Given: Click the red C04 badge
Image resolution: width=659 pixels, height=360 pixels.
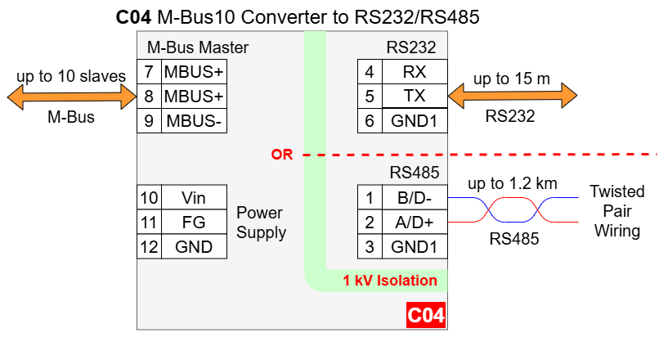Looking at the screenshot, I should click(425, 315).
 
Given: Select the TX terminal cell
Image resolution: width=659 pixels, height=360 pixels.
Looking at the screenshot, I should click(415, 96).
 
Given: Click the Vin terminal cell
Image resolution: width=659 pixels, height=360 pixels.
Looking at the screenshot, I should click(194, 198).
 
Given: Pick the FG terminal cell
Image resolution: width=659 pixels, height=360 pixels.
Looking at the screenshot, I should click(194, 223).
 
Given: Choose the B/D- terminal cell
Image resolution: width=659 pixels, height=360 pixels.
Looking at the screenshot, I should click(415, 198).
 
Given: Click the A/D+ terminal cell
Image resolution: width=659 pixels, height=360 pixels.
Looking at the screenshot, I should click(415, 223).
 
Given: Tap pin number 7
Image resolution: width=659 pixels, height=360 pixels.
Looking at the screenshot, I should click(149, 71).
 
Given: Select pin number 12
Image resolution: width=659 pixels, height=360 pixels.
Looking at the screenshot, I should click(149, 247).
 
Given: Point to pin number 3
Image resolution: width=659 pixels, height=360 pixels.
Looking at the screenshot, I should click(370, 247).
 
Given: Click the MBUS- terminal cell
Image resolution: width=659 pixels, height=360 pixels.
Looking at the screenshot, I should click(194, 121).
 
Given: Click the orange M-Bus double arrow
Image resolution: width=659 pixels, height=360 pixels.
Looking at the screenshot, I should click(70, 97).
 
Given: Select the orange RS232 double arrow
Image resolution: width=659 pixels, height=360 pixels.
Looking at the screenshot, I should click(510, 97).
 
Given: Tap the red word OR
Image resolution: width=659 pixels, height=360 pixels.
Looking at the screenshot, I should click(282, 155).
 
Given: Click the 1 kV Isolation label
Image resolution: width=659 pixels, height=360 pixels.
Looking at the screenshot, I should click(390, 281).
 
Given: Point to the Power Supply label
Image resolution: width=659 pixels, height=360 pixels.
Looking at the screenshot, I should click(261, 223).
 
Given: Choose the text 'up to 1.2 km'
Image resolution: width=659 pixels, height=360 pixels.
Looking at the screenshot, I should click(512, 183).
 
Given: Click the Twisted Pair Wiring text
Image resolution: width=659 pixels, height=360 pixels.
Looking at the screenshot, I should click(617, 211).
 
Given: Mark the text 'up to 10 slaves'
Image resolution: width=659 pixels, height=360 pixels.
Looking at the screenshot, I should click(70, 77).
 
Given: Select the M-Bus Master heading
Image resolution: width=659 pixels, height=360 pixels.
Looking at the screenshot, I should click(198, 47).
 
